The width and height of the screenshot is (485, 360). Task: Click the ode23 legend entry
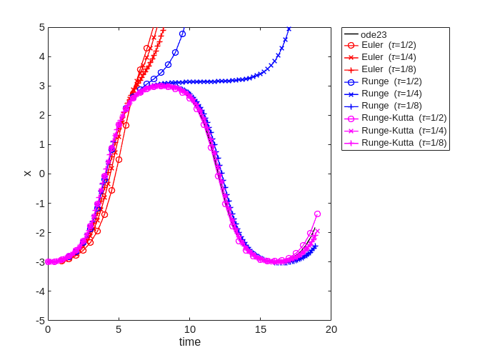point(374,34)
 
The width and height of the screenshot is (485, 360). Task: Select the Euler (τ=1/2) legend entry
point(383,45)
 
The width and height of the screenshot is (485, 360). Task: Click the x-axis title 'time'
point(189,342)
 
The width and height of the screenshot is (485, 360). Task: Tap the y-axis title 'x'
point(28,174)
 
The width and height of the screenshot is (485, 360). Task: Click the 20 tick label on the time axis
point(331,329)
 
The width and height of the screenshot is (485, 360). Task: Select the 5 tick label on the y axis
point(41,27)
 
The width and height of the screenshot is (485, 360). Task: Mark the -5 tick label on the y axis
point(40,320)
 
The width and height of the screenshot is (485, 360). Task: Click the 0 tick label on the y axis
point(41,174)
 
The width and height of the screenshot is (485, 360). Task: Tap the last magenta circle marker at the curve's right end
point(317,214)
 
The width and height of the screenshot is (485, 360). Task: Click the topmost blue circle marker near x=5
point(182,34)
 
